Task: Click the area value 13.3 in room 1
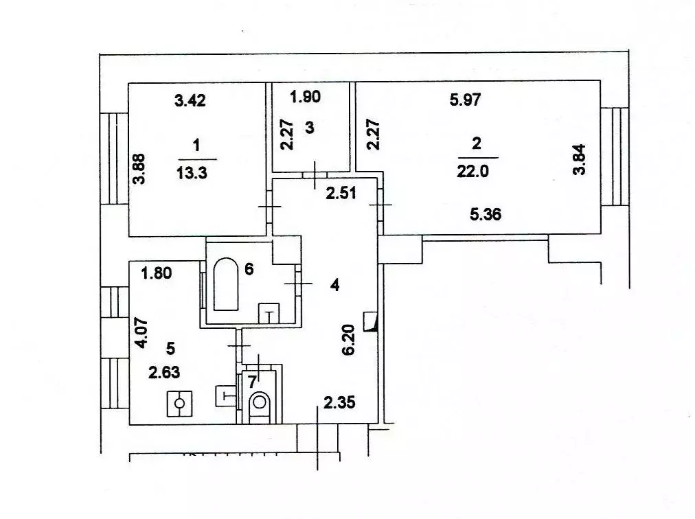click(192, 172)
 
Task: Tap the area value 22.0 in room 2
click(472, 171)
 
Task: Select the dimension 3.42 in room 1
click(190, 101)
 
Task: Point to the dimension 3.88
click(139, 168)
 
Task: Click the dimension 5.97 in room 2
click(465, 100)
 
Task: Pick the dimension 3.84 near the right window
click(580, 159)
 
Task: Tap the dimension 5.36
click(486, 214)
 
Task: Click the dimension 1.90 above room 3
click(305, 97)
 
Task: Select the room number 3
click(310, 128)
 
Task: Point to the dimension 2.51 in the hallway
click(341, 193)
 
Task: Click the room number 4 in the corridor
click(335, 285)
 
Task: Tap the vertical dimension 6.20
click(349, 340)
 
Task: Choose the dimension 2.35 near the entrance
click(339, 402)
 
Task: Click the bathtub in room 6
click(226, 284)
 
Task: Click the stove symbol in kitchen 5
click(179, 404)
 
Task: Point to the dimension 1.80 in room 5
click(157, 273)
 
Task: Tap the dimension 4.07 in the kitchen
click(142, 333)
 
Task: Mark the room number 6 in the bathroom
click(249, 268)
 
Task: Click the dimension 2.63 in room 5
click(164, 372)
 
